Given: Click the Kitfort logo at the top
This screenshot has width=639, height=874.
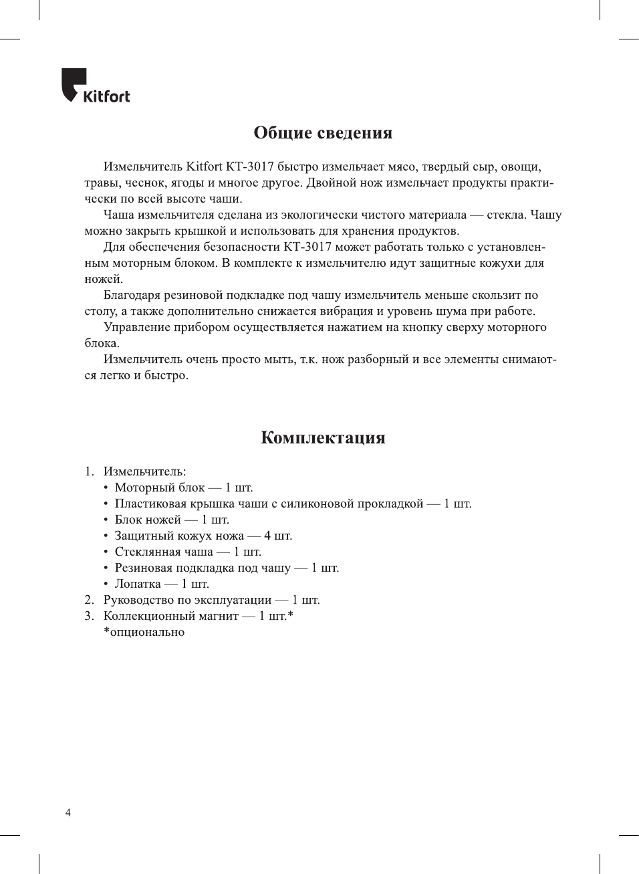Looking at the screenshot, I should tap(96, 86).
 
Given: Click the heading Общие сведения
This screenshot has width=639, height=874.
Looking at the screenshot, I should tap(323, 132).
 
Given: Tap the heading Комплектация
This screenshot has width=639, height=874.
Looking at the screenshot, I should tap(323, 437).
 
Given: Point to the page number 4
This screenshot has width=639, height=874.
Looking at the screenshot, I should tap(68, 812).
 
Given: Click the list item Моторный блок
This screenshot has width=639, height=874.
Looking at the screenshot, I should tap(160, 487).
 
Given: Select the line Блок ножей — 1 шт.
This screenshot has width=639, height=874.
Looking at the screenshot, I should tap(172, 520).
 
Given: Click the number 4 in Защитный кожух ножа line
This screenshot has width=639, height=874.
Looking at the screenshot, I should tap(267, 536).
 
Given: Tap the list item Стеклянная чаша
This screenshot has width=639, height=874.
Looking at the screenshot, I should tap(164, 552).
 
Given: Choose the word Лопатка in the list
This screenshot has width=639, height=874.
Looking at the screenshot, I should tap(138, 584).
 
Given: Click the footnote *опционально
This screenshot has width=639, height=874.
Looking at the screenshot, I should tap(144, 632).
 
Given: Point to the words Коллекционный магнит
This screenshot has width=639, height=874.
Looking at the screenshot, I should tap(170, 616).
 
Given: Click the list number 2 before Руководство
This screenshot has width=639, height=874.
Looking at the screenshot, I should tap(89, 600).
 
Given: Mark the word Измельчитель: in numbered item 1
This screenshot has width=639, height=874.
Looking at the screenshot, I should tap(144, 471).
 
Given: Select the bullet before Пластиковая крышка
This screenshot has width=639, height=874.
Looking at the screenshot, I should tap(106, 504).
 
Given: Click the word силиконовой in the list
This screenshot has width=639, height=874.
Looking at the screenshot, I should tap(319, 504).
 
